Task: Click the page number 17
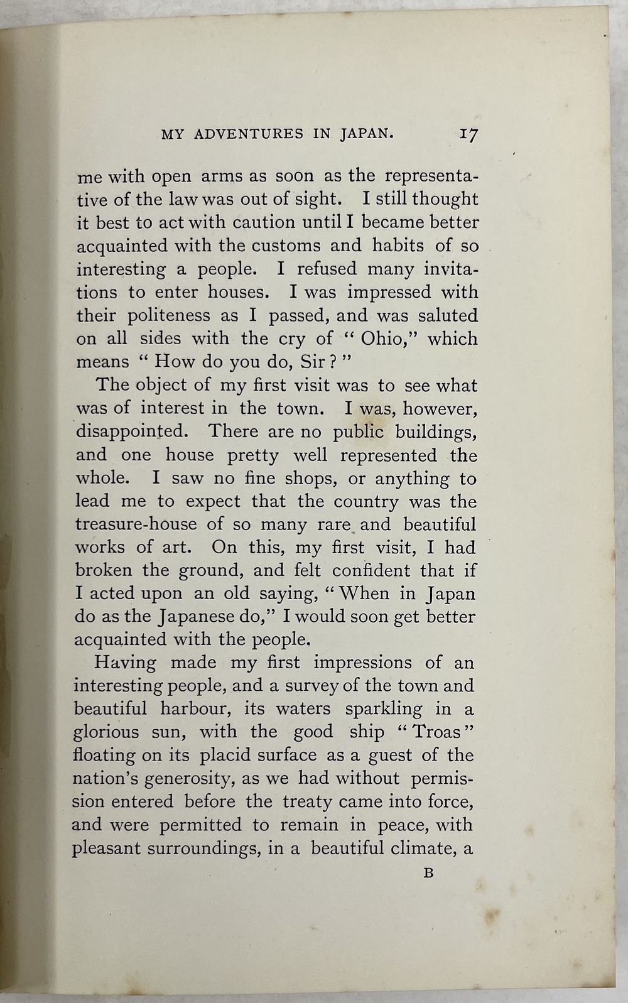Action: pos(469,134)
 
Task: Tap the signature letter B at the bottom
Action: pos(429,872)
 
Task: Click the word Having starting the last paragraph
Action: pos(124,663)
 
